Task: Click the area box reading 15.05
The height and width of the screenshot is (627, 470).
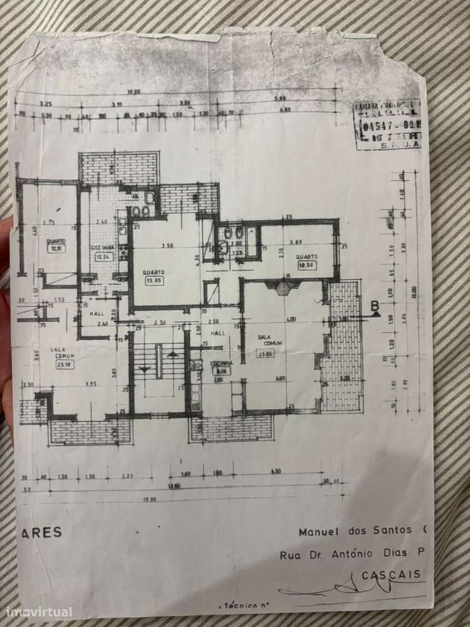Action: click(154, 281)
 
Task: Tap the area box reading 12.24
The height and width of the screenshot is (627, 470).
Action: click(103, 256)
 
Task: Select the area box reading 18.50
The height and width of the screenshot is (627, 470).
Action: click(307, 265)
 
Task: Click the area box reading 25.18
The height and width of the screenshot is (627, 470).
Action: click(64, 364)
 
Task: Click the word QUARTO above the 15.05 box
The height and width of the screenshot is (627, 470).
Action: click(154, 272)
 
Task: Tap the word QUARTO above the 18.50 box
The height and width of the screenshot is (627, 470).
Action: click(307, 256)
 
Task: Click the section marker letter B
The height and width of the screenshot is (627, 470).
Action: click(375, 306)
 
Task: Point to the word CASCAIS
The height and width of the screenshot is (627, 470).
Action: click(394, 574)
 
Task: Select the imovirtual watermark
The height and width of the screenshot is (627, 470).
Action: click(39, 612)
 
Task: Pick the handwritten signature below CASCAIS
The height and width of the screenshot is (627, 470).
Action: click(351, 588)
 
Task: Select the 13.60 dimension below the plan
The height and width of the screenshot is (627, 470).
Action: click(170, 485)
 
